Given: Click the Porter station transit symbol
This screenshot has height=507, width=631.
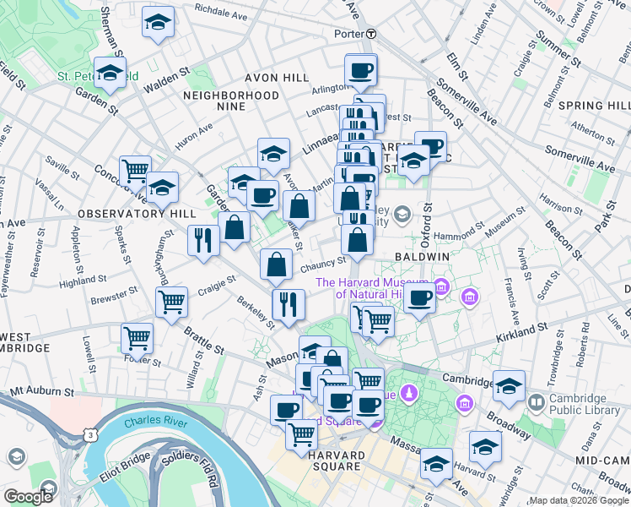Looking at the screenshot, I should pos(371,35).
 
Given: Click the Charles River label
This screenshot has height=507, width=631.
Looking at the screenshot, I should pos(149,422).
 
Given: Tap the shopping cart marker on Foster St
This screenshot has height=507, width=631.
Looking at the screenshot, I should pos(137,338).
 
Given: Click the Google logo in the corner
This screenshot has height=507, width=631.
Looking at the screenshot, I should pos(28,497).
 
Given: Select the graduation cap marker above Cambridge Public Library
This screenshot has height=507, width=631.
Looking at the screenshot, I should pos(509,385).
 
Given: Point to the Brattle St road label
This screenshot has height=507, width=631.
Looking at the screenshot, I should pos(206,348).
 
